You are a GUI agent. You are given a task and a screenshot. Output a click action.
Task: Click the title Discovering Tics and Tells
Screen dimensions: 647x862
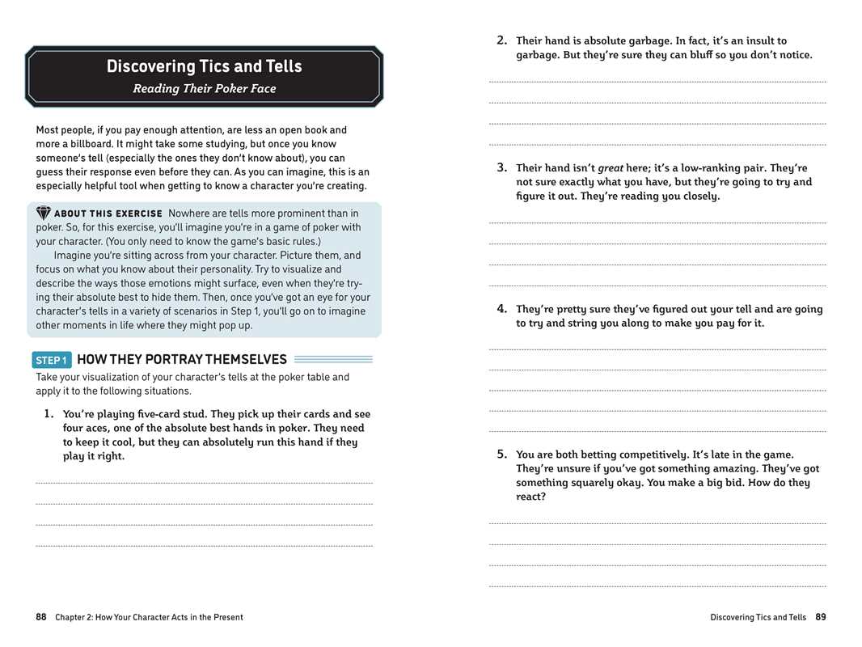tap(204, 66)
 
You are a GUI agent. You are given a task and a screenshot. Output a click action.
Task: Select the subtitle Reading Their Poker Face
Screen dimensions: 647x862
tap(204, 89)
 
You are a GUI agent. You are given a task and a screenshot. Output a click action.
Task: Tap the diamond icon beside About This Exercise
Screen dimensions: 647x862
tap(44, 214)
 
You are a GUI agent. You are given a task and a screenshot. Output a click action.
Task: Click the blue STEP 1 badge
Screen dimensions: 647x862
tap(52, 360)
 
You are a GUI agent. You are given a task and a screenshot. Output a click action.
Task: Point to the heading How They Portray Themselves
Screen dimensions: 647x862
tap(181, 359)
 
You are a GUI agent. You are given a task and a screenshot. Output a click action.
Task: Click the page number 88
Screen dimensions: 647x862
tap(41, 617)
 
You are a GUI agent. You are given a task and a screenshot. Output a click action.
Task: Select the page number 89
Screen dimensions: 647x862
tap(821, 617)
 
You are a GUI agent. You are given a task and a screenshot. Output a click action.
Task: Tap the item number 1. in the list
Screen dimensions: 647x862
tap(49, 414)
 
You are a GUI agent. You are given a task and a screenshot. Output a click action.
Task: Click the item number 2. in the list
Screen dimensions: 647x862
tap(501, 40)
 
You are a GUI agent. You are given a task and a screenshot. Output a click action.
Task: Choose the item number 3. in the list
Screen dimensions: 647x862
tap(501, 167)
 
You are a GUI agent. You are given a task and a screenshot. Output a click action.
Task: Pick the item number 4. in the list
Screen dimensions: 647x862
tap(501, 308)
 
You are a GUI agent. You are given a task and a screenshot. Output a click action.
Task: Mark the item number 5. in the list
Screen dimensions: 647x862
tap(501, 454)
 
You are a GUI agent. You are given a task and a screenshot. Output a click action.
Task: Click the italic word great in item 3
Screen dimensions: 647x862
tap(611, 168)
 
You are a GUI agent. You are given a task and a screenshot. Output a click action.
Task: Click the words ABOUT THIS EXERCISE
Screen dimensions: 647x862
tap(108, 214)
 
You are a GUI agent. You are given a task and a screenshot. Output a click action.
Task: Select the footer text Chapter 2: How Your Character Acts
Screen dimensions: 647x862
tap(149, 617)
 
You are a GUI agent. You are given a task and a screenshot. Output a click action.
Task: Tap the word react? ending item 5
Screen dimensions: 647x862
tap(531, 497)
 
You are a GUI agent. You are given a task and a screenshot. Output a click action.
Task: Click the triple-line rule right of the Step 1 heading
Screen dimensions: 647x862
tap(333, 359)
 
